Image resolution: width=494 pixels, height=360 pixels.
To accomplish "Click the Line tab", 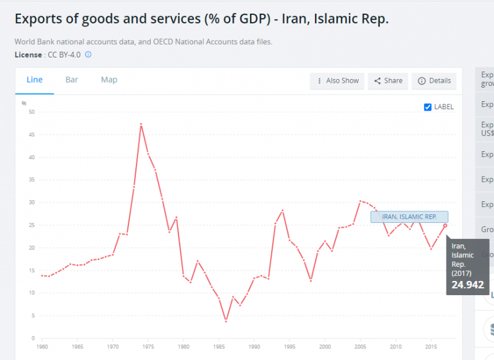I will (x=35, y=80).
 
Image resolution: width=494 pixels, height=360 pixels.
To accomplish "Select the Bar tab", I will (x=72, y=80).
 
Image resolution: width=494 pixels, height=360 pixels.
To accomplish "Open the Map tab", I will (x=109, y=80).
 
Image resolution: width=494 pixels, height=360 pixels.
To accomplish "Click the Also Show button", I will (x=338, y=81).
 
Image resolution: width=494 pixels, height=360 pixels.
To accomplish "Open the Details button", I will (x=434, y=81).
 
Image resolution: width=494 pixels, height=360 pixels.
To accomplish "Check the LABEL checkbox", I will (x=428, y=107).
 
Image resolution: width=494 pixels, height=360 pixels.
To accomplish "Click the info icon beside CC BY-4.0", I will (x=88, y=55).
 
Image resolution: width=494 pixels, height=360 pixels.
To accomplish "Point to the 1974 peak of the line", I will (x=141, y=124).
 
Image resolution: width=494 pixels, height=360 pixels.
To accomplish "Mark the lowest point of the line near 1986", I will (x=226, y=321).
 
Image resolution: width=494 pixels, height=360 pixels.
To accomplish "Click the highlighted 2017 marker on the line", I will (x=445, y=225).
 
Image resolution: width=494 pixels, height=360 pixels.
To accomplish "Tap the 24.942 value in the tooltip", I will (x=467, y=285).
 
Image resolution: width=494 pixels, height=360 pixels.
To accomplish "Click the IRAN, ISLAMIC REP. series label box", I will (x=409, y=217).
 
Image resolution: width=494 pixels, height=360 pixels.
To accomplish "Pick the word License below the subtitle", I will (x=27, y=55).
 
